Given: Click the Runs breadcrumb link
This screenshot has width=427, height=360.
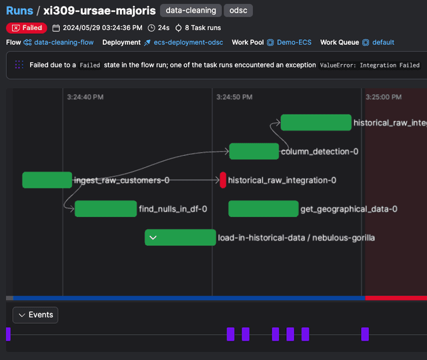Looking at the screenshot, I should click(x=19, y=11).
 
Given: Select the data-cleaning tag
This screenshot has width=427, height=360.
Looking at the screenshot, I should click(x=191, y=11).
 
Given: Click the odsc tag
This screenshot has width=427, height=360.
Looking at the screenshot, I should click(x=238, y=11).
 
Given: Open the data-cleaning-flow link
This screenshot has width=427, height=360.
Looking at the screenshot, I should click(x=63, y=42).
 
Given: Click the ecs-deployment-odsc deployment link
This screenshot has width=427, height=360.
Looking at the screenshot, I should click(x=188, y=42).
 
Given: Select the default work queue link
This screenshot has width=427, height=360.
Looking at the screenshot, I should click(x=383, y=42).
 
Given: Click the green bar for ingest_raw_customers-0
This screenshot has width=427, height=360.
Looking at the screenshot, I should click(x=47, y=180).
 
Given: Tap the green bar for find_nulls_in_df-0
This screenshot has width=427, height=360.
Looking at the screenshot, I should click(x=105, y=209).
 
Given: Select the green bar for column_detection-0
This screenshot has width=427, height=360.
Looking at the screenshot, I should click(x=254, y=151).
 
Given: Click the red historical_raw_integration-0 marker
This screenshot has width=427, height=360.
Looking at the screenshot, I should click(x=223, y=180).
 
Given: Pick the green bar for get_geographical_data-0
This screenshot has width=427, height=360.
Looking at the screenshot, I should click(x=263, y=209).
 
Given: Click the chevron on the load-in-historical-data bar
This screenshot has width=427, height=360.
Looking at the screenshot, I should click(x=153, y=238).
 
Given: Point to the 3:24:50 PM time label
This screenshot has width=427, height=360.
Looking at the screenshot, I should click(x=235, y=97).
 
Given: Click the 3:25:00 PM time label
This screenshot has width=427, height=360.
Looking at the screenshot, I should click(x=384, y=97).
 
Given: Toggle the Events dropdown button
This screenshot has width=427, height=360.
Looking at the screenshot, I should click(x=35, y=315).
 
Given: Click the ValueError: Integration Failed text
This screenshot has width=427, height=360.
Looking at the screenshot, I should click(x=370, y=65).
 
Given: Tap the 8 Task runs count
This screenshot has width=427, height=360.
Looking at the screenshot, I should click(x=203, y=28).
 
